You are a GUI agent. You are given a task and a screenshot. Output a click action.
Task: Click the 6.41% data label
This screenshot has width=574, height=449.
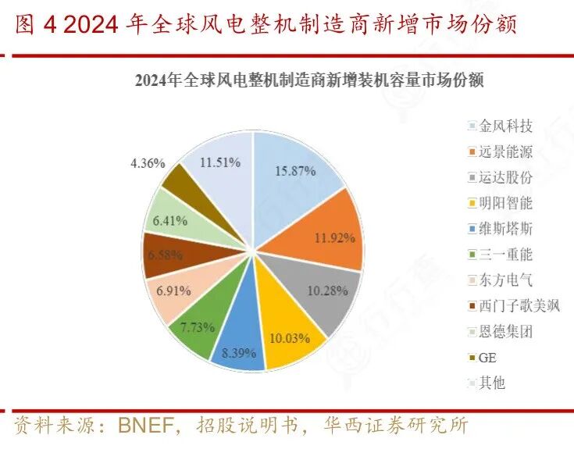coord(170,221)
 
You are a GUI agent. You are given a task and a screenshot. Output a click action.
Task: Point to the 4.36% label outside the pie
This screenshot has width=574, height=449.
coord(147,164)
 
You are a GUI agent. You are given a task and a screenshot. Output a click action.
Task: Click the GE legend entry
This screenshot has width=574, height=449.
coord(487,357)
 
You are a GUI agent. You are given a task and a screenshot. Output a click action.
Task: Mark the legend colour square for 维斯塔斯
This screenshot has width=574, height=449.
coord(472,229)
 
